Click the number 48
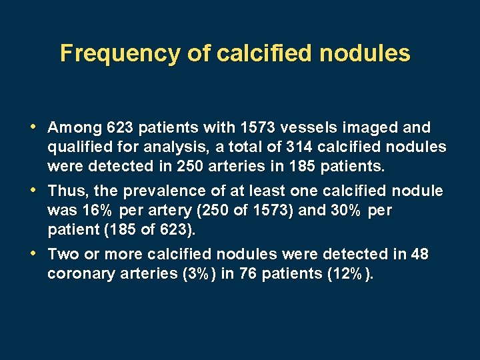[420, 255]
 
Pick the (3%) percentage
[194, 274]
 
